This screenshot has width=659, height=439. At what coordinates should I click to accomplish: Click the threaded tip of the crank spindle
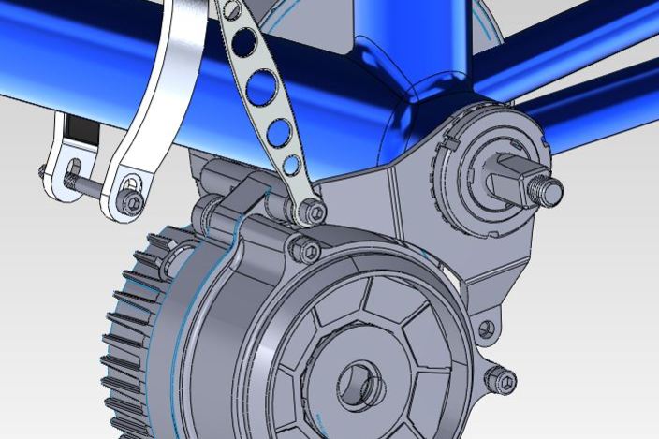pos(549,190)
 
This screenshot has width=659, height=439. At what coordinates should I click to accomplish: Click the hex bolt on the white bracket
pos(134,203)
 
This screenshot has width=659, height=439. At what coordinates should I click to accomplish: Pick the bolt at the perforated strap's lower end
pos(315,213)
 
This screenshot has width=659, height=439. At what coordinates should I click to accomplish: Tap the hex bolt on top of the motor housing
pos(306,251)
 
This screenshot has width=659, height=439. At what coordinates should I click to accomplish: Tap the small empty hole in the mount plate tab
pos(485,329)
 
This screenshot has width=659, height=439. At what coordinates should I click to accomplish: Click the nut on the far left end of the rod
pos(43,171)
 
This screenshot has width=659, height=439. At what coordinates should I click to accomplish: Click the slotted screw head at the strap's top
pos(225,7)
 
